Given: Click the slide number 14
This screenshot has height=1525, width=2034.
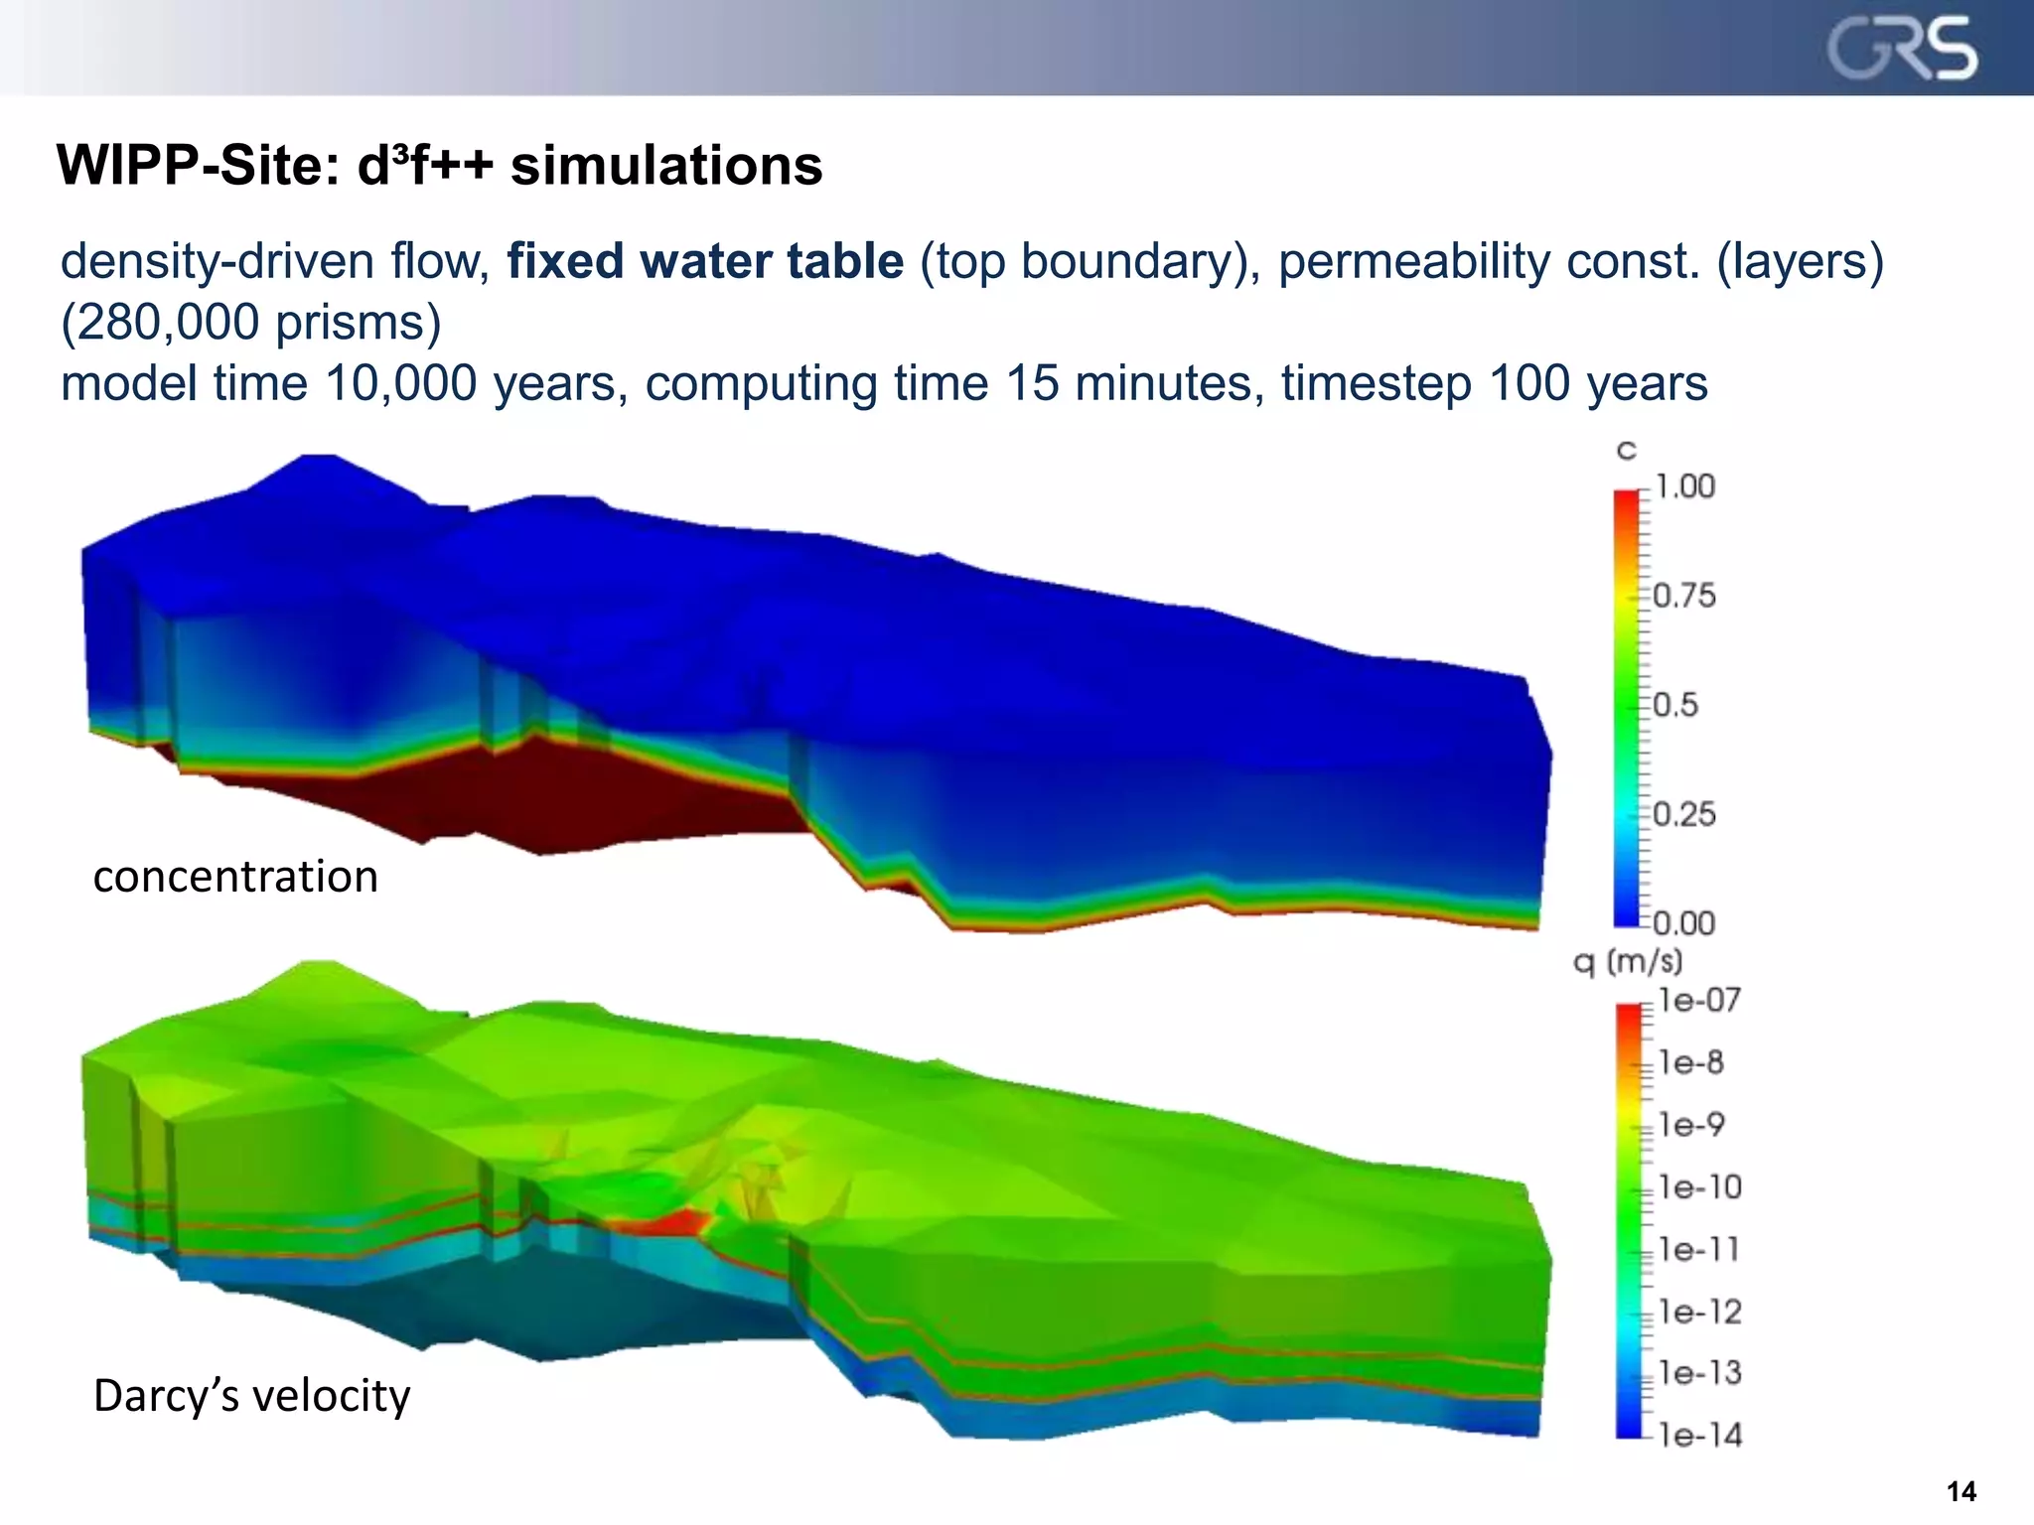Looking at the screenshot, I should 1961,1491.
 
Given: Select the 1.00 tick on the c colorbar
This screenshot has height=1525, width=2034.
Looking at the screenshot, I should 1684,486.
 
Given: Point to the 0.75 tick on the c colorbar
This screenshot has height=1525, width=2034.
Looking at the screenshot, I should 1684,596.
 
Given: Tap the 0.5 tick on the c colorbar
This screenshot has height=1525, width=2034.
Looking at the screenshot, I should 1676,705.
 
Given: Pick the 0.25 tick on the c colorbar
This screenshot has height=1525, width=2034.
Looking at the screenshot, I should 1684,814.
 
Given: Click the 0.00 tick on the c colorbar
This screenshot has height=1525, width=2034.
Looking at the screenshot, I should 1684,923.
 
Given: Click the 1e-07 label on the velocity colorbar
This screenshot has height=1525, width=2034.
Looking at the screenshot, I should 1699,1001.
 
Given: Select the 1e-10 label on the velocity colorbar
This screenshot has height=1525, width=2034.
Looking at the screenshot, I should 1699,1187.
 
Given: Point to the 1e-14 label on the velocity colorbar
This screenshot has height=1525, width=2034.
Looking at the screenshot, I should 1699,1436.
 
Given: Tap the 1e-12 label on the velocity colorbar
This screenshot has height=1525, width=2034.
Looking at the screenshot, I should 1699,1313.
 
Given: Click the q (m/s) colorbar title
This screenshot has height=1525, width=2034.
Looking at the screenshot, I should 1628,961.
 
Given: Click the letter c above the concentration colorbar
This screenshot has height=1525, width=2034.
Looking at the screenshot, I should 1626,452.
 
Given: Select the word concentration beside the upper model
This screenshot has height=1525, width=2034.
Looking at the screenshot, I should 235,877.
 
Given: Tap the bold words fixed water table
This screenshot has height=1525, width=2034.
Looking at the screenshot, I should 705,261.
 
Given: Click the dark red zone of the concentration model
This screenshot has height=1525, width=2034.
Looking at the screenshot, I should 556,794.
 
